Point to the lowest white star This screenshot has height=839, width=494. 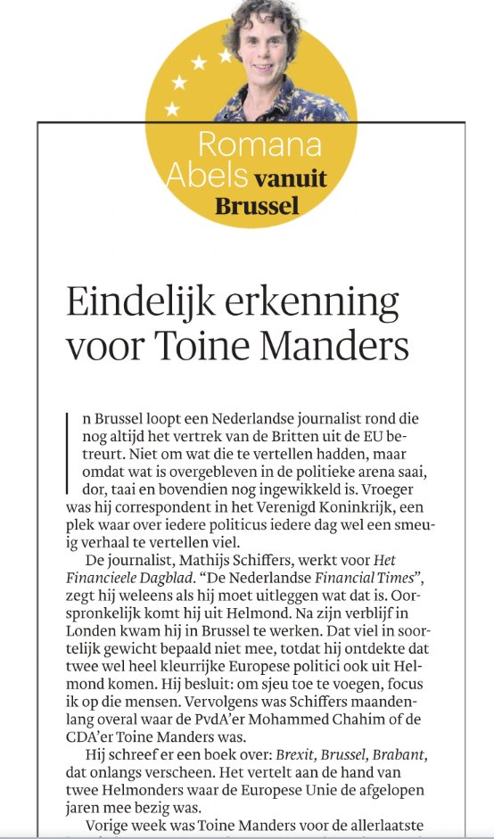click(x=172, y=110)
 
